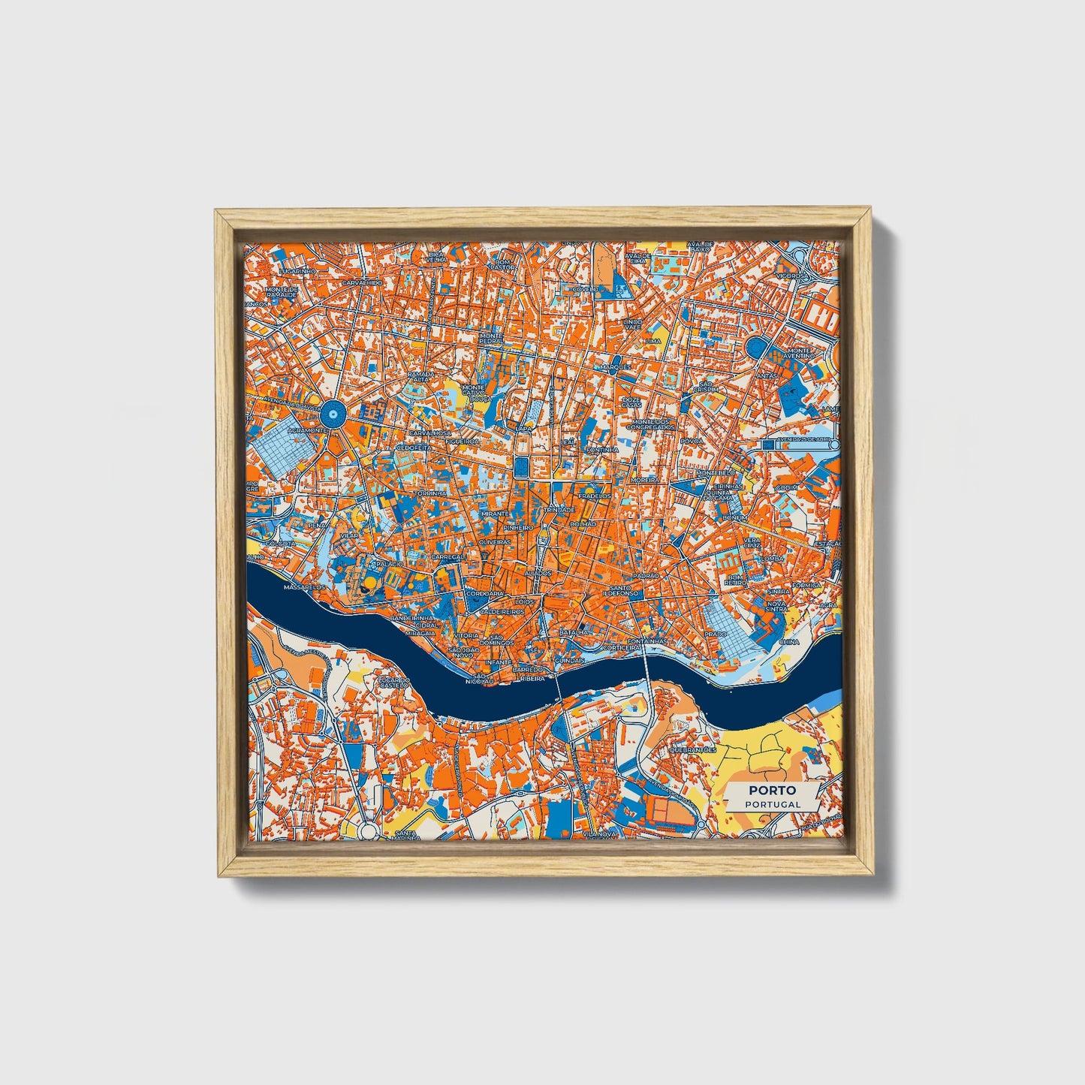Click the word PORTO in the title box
(771, 790)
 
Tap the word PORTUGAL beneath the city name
(772, 803)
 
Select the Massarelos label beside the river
(305, 586)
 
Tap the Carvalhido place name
(362, 282)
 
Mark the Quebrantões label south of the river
(691, 749)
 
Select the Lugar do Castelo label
(393, 683)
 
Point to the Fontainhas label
(646, 641)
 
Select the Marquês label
(616, 367)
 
